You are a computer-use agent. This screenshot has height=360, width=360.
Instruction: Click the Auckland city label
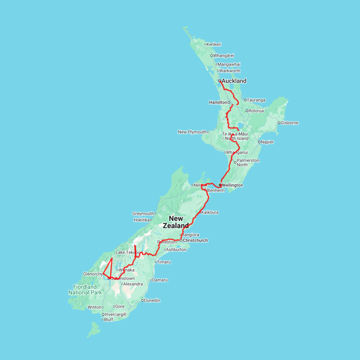pos(234,81)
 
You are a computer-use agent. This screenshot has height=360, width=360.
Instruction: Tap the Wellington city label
pos(232,185)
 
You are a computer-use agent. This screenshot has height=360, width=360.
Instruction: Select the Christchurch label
pos(196,240)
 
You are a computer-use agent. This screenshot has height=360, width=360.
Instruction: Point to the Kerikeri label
pos(214,44)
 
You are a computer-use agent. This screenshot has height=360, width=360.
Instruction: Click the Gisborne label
pos(290,123)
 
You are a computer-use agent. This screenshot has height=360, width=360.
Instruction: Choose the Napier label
pos(268,142)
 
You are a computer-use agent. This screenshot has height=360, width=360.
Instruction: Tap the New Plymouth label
pos(192,132)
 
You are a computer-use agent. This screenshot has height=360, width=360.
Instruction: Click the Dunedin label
pos(152,300)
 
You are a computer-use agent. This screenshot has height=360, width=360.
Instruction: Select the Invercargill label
pos(116,314)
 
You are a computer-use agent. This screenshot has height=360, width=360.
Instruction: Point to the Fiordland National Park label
pos(85,290)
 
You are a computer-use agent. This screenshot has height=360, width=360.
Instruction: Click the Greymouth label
pos(143,214)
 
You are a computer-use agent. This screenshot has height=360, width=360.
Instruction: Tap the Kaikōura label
pos(210,212)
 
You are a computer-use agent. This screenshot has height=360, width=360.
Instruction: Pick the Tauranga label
pos(256,100)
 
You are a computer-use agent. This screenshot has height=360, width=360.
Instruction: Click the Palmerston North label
pos(248,162)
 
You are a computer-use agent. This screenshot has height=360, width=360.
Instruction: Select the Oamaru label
pos(160,280)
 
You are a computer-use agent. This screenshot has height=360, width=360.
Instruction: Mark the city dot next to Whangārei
pos(212,56)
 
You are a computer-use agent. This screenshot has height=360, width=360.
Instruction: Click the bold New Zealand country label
pos(176,222)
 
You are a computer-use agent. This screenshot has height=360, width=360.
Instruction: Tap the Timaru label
pos(164,262)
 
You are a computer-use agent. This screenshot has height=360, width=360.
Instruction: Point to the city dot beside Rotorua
pos(247,111)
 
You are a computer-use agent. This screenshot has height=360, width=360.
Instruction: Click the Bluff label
pos(109,320)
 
